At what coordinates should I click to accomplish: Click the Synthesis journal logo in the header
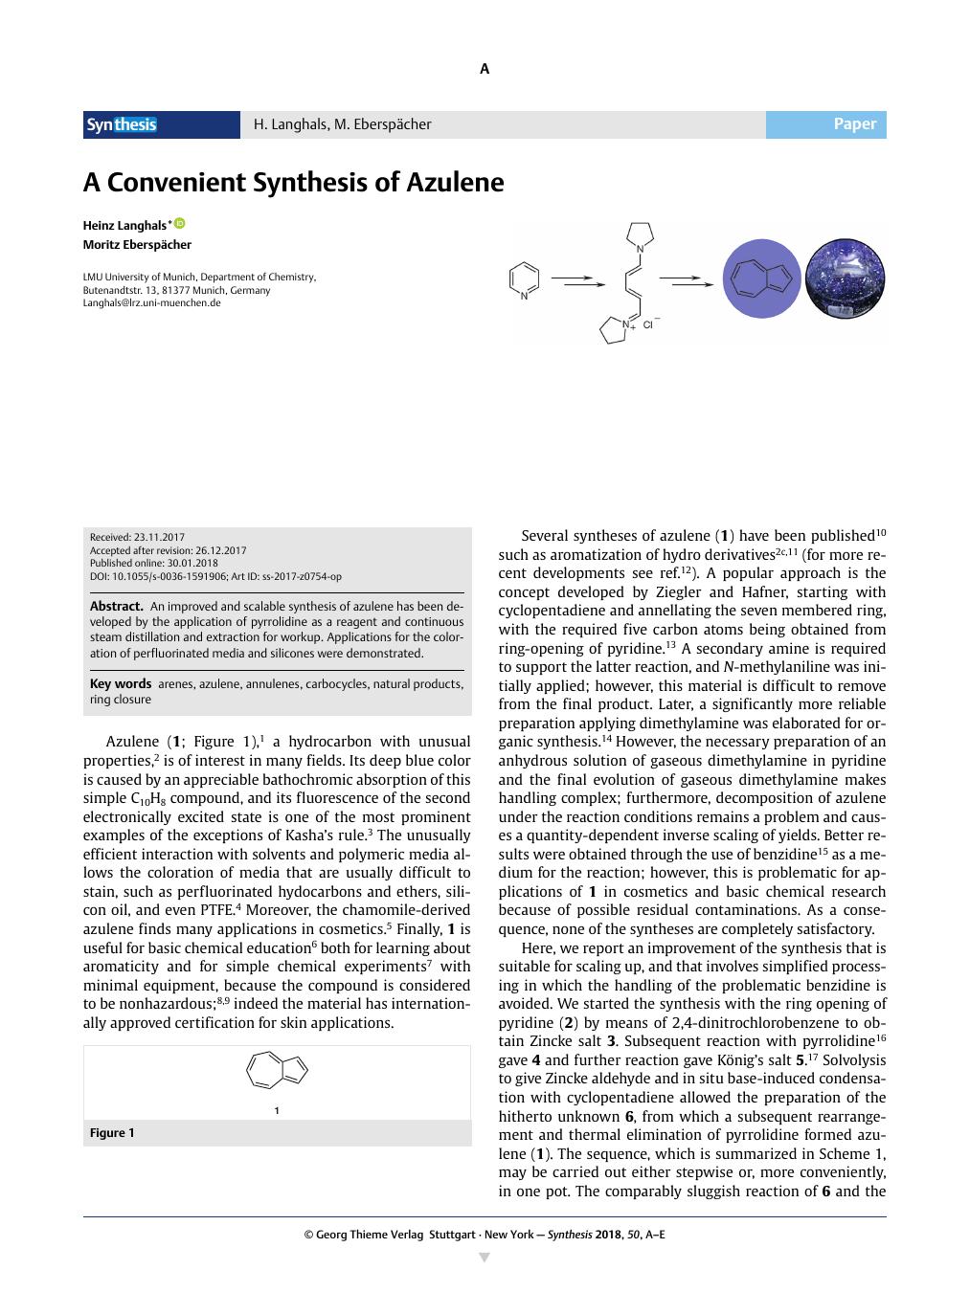point(122,124)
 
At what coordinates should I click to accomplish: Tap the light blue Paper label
point(854,124)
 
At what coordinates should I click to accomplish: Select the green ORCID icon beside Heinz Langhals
point(179,224)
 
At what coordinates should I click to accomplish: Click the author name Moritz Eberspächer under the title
point(137,244)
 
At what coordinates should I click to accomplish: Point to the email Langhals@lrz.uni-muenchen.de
point(151,302)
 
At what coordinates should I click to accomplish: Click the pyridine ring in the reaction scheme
point(524,279)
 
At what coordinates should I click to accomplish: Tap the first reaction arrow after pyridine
point(578,280)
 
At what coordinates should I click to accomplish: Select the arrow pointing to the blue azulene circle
point(686,280)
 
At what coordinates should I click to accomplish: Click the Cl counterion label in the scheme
point(648,325)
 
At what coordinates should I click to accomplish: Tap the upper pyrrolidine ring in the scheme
point(639,234)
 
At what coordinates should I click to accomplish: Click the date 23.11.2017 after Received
point(160,538)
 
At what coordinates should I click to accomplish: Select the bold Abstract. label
point(117,606)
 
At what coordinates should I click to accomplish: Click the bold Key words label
point(121,683)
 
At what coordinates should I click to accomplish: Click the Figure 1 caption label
point(112,1133)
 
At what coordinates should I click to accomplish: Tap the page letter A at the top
point(485,69)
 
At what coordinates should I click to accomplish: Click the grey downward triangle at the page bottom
point(485,1258)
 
